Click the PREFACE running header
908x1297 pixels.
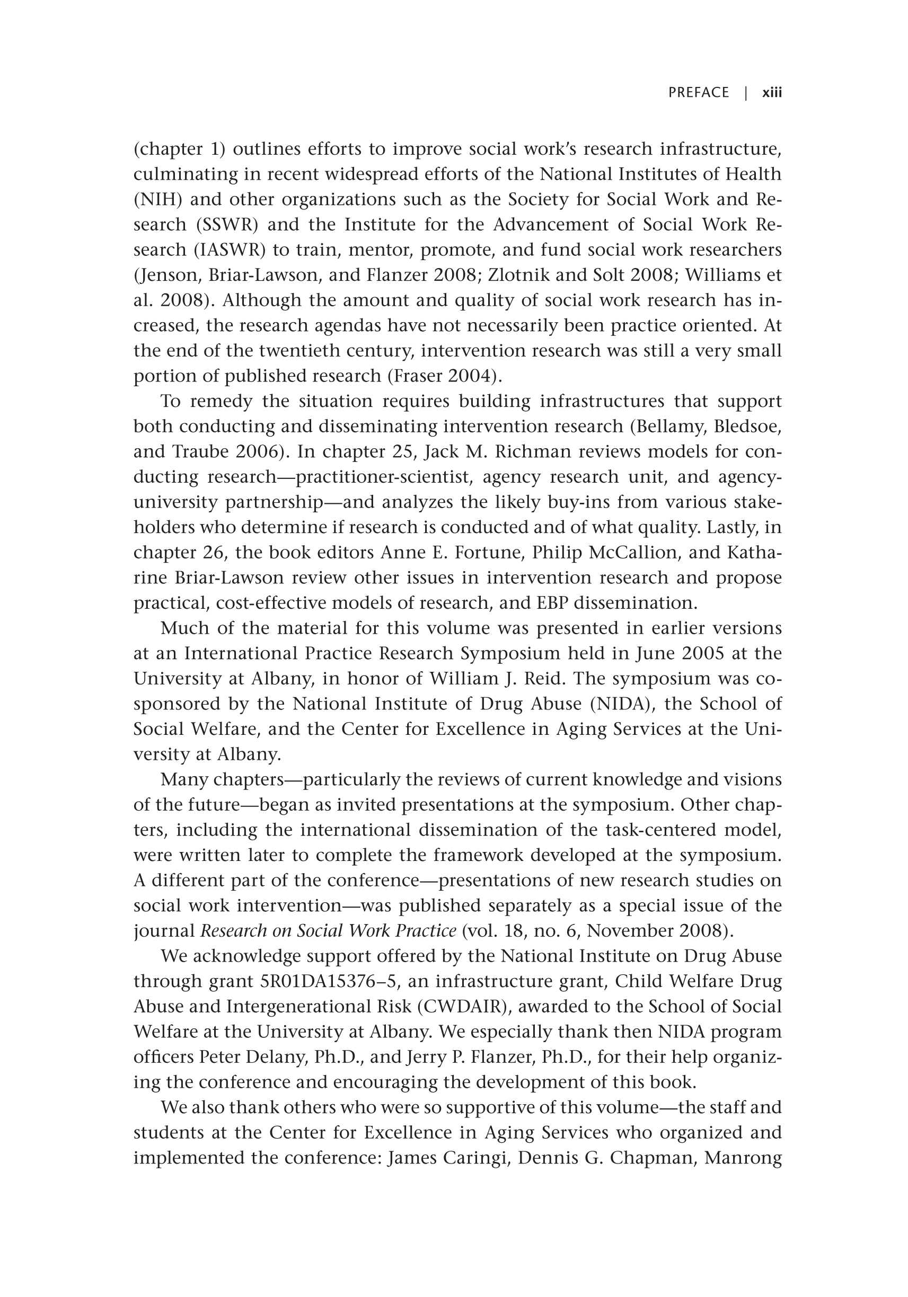pyautogui.click(x=699, y=93)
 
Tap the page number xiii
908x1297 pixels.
pyautogui.click(x=772, y=93)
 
